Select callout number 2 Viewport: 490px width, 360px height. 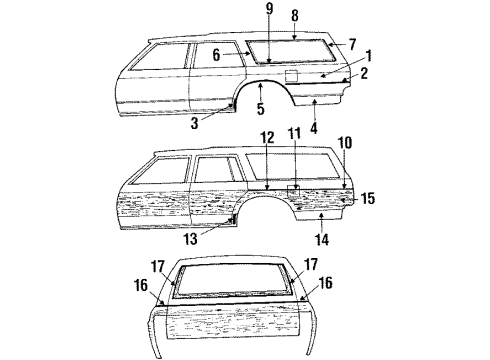[x=366, y=75]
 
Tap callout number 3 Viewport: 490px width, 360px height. [x=193, y=121]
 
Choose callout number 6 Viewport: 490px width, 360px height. [x=215, y=56]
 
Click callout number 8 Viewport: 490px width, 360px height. [x=294, y=15]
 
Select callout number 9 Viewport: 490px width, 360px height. [x=268, y=11]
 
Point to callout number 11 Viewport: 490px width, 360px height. [x=293, y=161]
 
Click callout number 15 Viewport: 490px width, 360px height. [x=368, y=199]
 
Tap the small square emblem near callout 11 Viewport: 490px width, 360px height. [x=293, y=187]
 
